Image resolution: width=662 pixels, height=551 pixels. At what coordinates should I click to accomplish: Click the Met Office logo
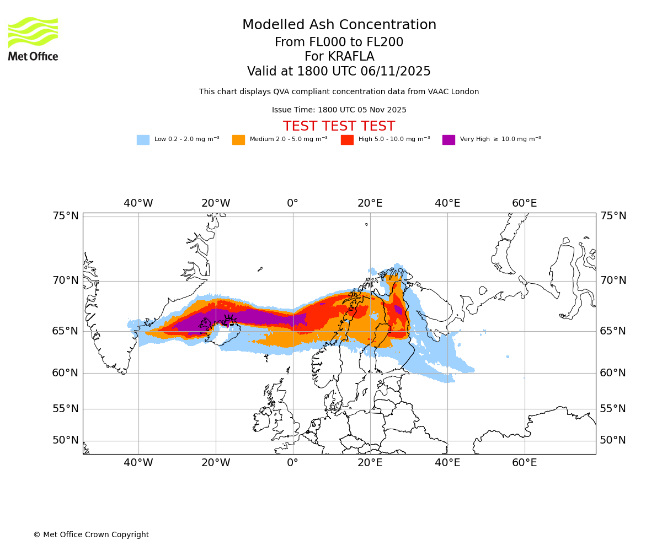coord(33,39)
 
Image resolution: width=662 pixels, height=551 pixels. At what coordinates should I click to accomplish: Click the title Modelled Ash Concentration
coord(339,25)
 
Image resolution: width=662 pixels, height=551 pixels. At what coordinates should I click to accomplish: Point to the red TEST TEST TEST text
coord(339,127)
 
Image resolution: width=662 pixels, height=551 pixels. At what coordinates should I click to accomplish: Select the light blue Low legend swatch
coord(143,140)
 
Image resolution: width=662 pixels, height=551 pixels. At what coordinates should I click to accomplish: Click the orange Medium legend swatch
coord(238,140)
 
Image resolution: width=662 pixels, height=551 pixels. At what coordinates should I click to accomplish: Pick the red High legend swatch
coord(347,140)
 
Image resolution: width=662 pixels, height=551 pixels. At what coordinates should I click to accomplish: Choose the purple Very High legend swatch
coord(449,140)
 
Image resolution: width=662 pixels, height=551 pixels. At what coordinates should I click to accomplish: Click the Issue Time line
coord(339,110)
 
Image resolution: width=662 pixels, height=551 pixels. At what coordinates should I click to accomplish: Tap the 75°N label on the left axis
coord(66,216)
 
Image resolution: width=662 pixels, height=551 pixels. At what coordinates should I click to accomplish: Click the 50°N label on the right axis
coord(613,440)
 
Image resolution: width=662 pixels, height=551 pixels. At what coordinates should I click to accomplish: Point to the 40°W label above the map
coord(138,203)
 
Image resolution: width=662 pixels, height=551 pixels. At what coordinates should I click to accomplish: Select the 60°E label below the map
coord(524,463)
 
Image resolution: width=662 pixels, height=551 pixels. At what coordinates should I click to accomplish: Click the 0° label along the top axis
coord(292,203)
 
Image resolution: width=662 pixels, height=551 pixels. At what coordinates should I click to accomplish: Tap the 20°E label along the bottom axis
coord(370,463)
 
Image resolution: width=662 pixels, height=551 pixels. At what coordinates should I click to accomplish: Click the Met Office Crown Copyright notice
coord(91,535)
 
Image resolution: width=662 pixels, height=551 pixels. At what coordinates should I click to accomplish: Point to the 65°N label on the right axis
coord(613,331)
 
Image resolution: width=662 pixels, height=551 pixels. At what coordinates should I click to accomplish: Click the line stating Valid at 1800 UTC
coord(339,72)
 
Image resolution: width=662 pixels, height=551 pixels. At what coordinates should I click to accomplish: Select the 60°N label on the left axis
coord(66,373)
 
